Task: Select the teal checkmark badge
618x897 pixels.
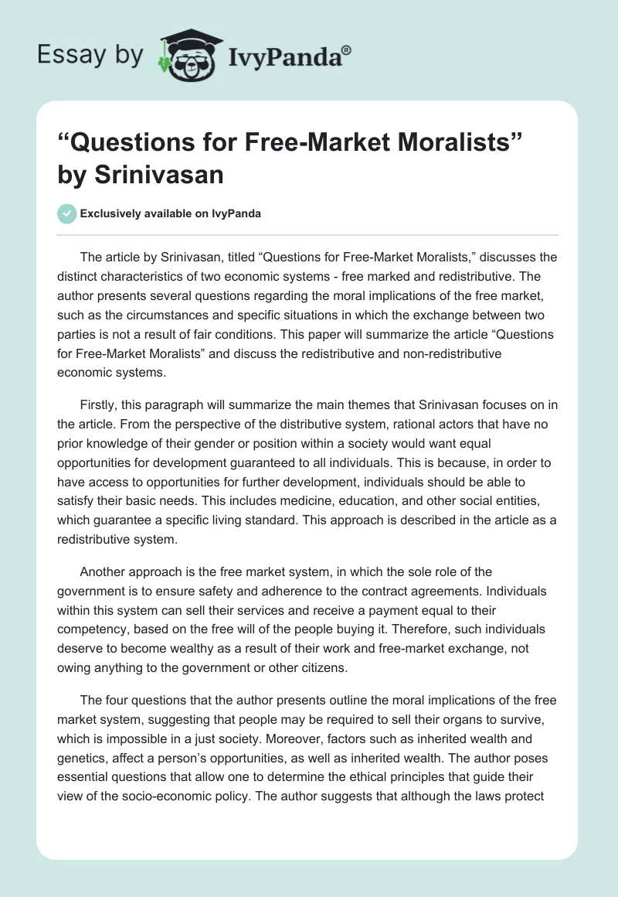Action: pos(67,214)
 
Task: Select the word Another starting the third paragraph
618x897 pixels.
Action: pos(104,572)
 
